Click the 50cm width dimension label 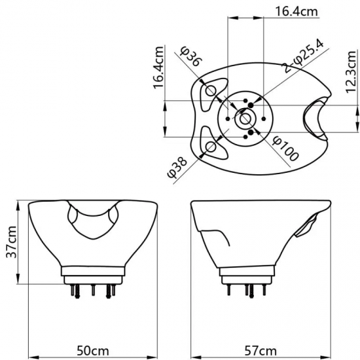click(x=93, y=351)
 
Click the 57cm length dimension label click(x=261, y=351)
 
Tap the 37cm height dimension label click(x=12, y=242)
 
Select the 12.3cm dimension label click(x=351, y=71)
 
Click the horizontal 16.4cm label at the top click(x=297, y=11)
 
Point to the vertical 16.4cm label click(x=158, y=67)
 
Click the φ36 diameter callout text click(x=191, y=56)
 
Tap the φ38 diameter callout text click(x=177, y=168)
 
